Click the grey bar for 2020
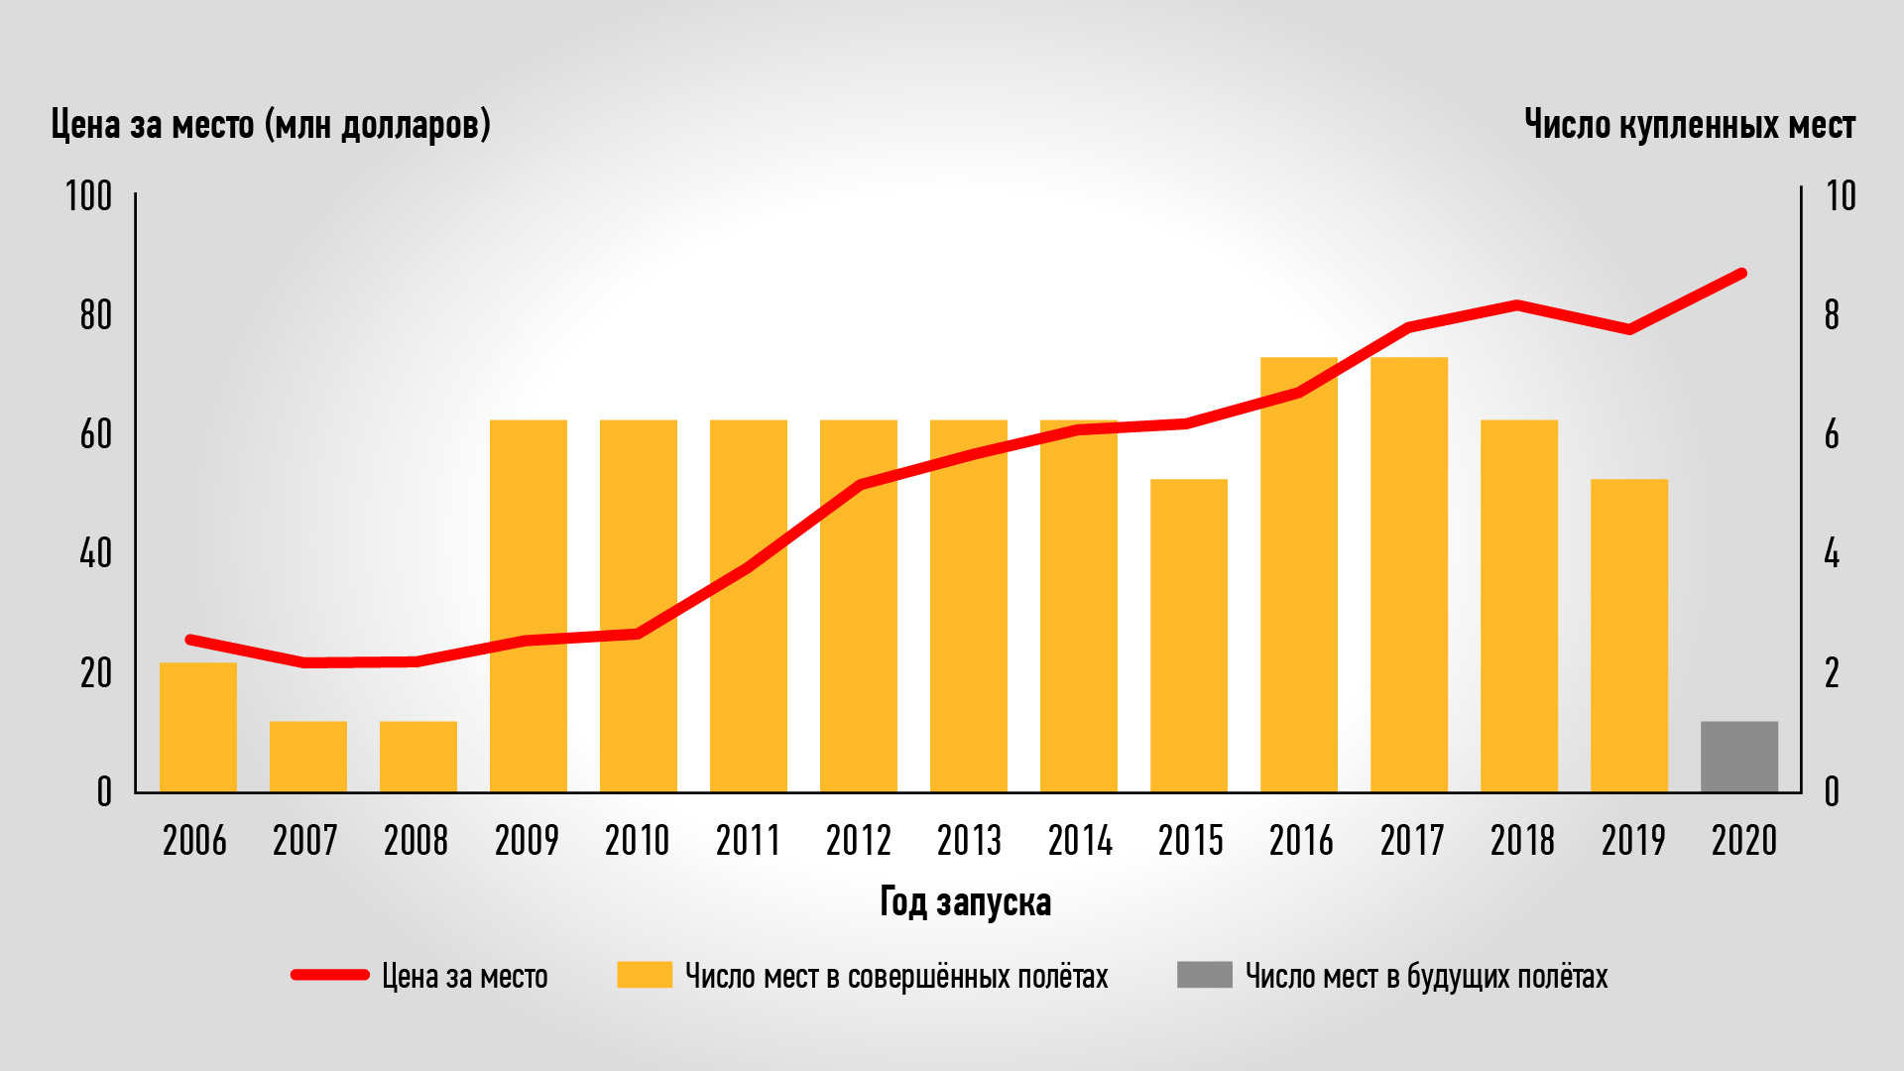[x=1739, y=757]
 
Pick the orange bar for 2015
[x=1189, y=635]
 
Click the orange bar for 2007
[x=308, y=757]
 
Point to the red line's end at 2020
[x=1741, y=273]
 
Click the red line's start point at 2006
[x=190, y=640]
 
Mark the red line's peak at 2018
[x=1517, y=304]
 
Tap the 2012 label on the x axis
[x=859, y=841]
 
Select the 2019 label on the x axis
[x=1633, y=841]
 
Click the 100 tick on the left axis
[x=89, y=196]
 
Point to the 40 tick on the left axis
[x=96, y=553]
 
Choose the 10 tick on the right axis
[x=1841, y=196]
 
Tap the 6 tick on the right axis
[x=1832, y=434]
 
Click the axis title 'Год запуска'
[x=965, y=902]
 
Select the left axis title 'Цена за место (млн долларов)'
[x=271, y=125]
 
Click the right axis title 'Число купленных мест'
[x=1689, y=125]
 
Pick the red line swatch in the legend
[x=330, y=975]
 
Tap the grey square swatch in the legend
[x=1204, y=975]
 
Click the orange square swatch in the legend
[x=645, y=975]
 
